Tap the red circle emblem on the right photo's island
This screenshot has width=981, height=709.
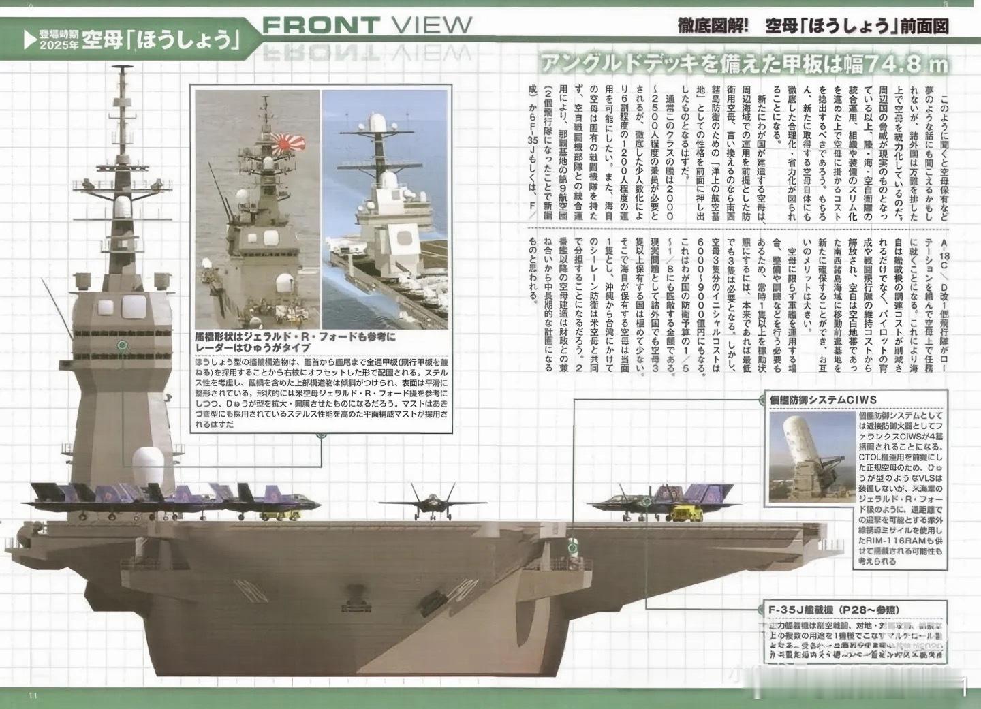point(404,238)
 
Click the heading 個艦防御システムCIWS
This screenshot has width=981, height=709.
point(817,399)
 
